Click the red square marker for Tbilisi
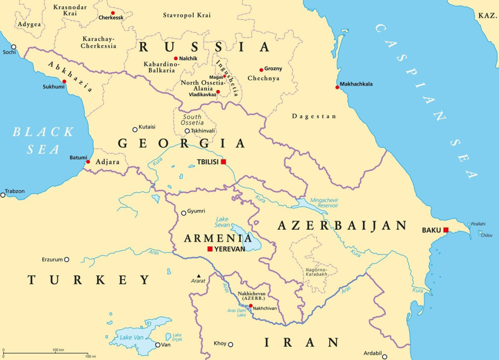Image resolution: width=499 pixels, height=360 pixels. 223,162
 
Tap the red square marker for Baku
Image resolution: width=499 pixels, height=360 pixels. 446,230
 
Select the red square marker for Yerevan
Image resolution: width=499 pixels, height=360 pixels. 210,249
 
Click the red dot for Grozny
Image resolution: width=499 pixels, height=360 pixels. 261,70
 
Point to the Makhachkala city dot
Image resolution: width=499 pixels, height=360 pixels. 337,87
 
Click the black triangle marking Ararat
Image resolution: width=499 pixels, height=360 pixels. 199,276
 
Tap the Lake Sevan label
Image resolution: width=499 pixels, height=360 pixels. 222,222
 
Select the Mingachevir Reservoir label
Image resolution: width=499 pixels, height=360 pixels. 324,203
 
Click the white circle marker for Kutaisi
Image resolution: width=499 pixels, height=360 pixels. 135,130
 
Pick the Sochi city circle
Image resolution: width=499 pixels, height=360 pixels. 14,47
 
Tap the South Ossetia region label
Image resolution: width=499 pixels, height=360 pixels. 192,120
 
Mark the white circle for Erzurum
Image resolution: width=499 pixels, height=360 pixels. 67,260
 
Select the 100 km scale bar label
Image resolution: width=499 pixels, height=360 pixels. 58,350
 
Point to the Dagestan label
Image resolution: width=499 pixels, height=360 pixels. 314,117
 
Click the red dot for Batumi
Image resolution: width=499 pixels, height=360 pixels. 88,162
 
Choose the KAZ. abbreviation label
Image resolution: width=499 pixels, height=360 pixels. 487,15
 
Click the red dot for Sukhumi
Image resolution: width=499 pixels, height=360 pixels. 64,82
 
